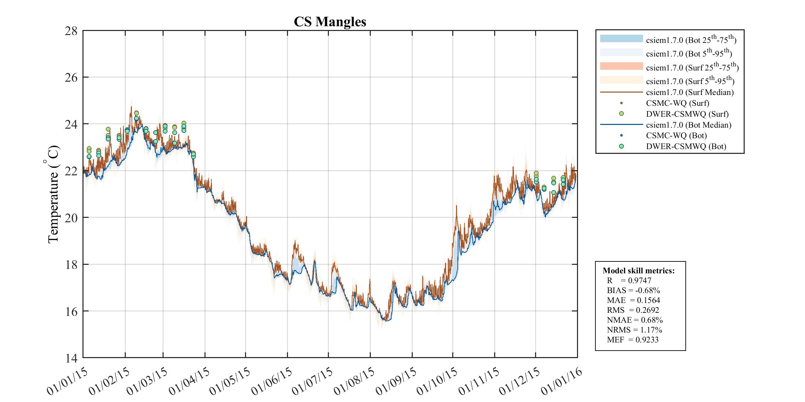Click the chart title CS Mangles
(330, 22)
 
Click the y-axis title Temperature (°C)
(53, 194)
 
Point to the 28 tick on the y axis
(71, 31)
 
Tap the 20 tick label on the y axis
(71, 218)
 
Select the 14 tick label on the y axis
(71, 358)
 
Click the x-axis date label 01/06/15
(272, 382)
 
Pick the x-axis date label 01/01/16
(562, 382)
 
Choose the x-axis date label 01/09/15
(396, 382)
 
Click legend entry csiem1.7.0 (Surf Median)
(689, 92)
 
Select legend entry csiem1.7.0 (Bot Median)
(688, 125)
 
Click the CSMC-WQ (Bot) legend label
(676, 135)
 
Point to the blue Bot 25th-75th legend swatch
(621, 38)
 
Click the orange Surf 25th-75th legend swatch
(621, 66)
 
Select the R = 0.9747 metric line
(629, 280)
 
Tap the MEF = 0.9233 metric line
(633, 340)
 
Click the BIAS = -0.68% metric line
(633, 290)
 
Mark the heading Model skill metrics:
(638, 271)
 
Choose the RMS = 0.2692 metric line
(633, 310)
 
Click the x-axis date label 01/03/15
(147, 382)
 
